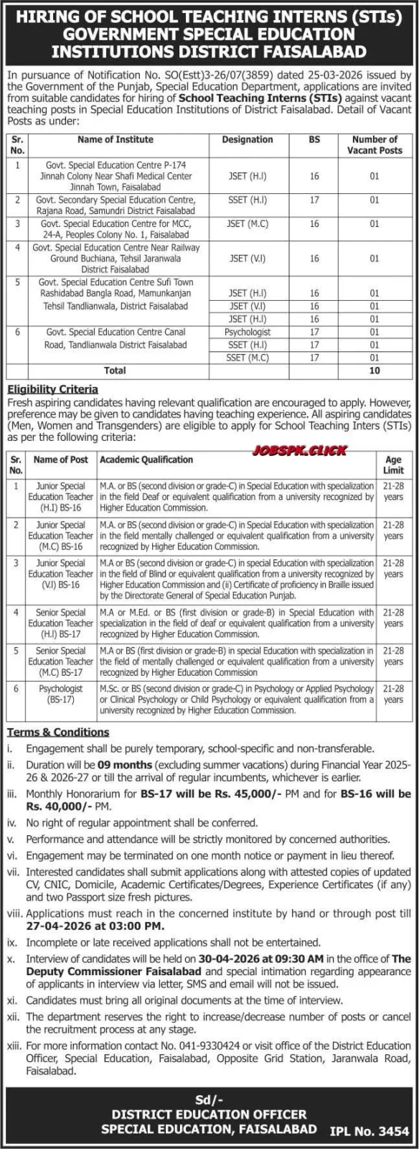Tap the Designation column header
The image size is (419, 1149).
coord(248,139)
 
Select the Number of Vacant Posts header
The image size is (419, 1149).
coord(374,145)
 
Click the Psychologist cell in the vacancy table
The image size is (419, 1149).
coord(248,332)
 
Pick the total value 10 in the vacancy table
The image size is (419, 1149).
coord(374,371)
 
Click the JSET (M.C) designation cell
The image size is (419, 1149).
coord(248,224)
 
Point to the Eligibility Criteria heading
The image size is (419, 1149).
coord(52,389)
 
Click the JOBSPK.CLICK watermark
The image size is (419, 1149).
coord(299,450)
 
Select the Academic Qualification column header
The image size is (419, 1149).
coord(146,460)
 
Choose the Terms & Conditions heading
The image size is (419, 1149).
coord(58,732)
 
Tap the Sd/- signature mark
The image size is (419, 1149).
coord(209,1099)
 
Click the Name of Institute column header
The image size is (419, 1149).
coord(116,139)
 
